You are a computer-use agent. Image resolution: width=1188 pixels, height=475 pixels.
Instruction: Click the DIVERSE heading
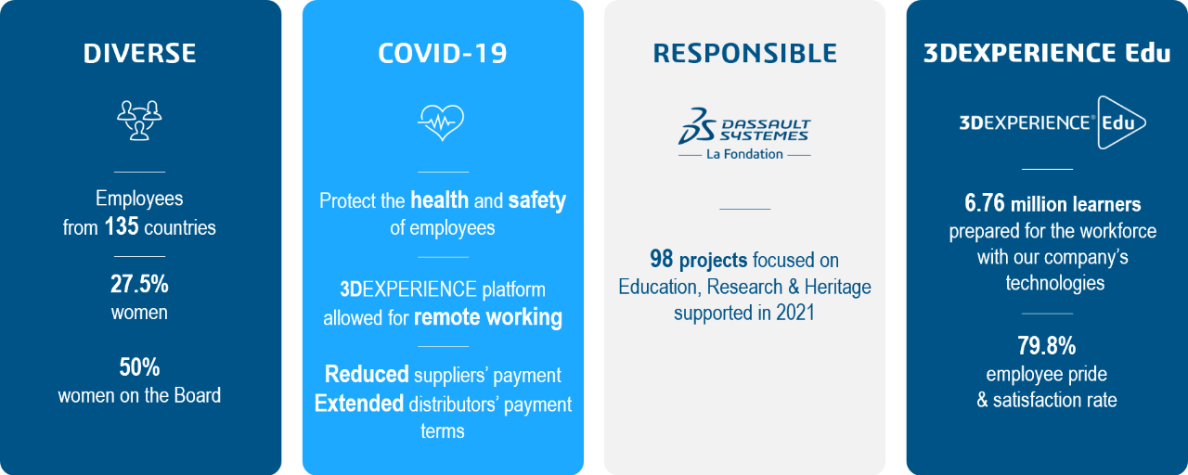pyautogui.click(x=139, y=54)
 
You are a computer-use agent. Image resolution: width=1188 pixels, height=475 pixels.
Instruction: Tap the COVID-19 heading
pyautogui.click(x=443, y=54)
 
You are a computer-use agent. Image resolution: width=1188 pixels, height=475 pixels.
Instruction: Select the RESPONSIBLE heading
pyautogui.click(x=744, y=54)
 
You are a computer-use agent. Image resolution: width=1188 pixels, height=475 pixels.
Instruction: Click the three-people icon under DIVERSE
pyautogui.click(x=139, y=121)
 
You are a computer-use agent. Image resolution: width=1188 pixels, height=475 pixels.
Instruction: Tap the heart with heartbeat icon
pyautogui.click(x=441, y=122)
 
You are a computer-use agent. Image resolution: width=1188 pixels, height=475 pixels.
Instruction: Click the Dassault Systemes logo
pyautogui.click(x=744, y=127)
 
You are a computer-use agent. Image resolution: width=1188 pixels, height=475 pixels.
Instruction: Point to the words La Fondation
pyautogui.click(x=744, y=154)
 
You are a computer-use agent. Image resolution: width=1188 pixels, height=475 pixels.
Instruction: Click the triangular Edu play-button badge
pyautogui.click(x=1120, y=122)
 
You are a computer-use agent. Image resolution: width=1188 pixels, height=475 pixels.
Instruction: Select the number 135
pyautogui.click(x=122, y=226)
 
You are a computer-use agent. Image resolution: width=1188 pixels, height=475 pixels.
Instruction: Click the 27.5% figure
pyautogui.click(x=139, y=284)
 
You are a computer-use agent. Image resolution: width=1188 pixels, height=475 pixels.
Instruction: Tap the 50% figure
pyautogui.click(x=139, y=366)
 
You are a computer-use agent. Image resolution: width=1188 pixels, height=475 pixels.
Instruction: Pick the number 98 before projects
pyautogui.click(x=662, y=259)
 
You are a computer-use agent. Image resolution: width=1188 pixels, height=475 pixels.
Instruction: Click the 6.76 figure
pyautogui.click(x=985, y=203)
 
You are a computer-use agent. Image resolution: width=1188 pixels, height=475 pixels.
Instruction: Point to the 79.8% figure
pyautogui.click(x=1046, y=346)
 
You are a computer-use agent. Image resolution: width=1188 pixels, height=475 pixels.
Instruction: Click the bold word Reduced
pyautogui.click(x=367, y=374)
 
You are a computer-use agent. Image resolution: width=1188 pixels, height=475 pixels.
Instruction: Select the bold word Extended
pyautogui.click(x=359, y=404)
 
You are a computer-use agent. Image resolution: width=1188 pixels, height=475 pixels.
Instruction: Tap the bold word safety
pyautogui.click(x=537, y=200)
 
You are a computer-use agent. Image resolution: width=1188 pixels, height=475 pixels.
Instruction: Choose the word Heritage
pyautogui.click(x=837, y=287)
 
